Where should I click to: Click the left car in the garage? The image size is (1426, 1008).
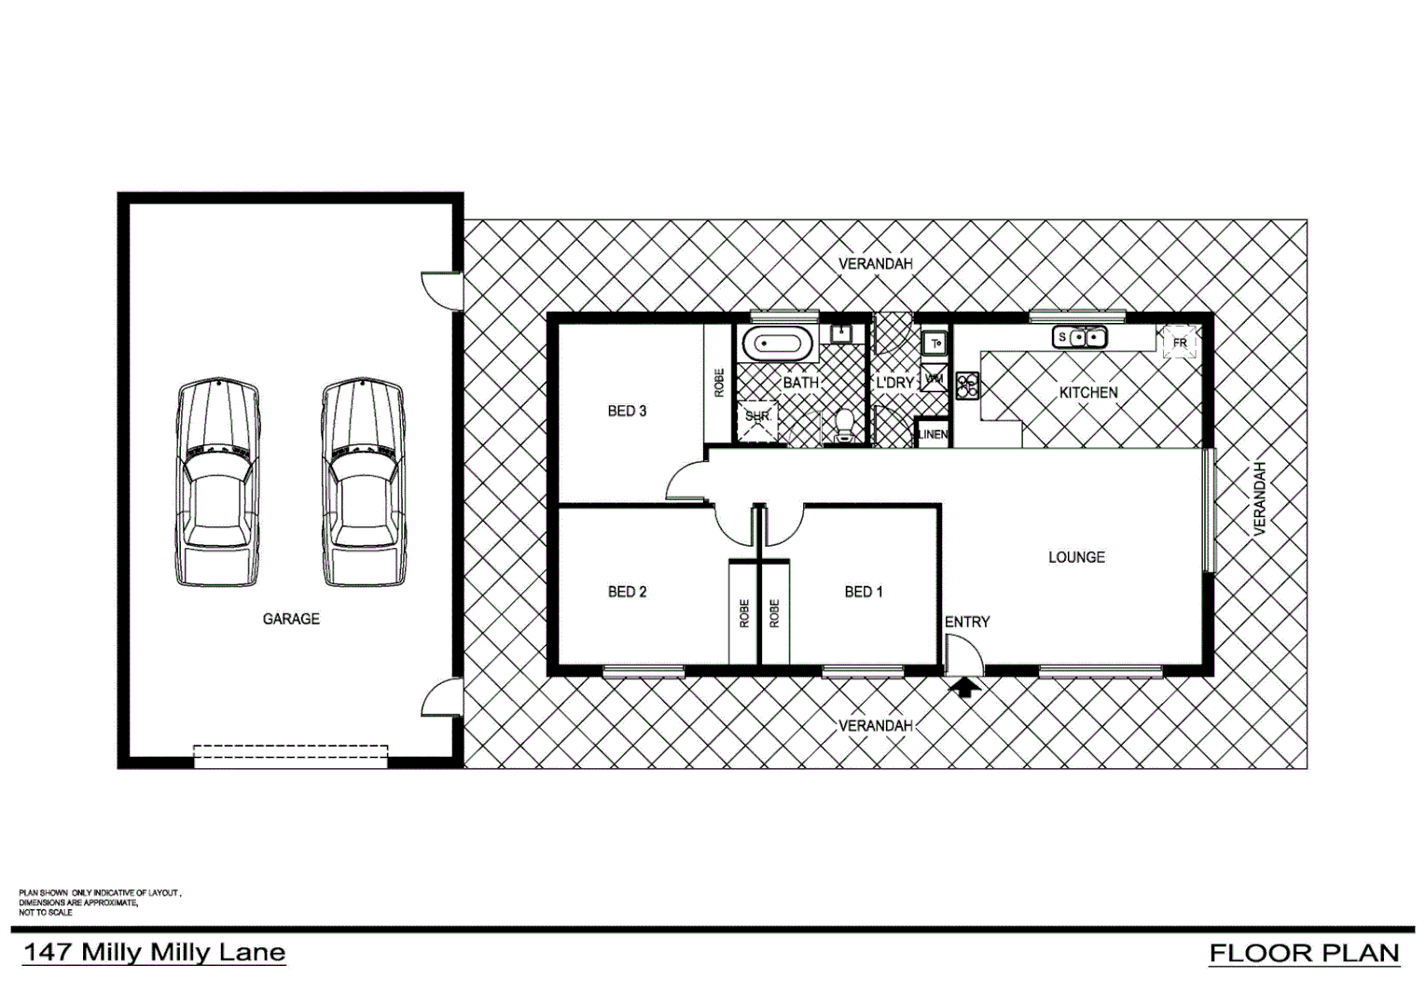217,483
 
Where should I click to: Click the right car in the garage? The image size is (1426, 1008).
363,483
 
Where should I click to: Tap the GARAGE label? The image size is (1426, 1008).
291,619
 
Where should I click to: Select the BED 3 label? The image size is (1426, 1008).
627,411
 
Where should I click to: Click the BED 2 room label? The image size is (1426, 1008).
627,592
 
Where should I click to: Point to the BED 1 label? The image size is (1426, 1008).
864,592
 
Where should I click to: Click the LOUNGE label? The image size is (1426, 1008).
1076,557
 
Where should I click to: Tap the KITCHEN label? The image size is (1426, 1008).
1087,393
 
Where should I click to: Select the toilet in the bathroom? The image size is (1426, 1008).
845,426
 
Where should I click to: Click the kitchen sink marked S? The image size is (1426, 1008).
1079,337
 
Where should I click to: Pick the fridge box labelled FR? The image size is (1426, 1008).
1179,343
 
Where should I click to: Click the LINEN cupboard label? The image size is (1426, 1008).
933,435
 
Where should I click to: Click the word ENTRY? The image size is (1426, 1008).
967,622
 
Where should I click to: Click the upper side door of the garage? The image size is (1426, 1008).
442,288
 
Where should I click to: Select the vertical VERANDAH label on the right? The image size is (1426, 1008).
1259,498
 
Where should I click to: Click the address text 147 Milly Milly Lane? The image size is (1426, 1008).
154,953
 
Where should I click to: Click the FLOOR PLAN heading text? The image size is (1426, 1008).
1304,953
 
